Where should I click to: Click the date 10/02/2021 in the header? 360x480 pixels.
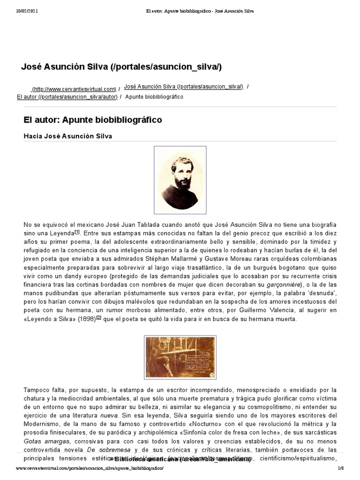coord(27,11)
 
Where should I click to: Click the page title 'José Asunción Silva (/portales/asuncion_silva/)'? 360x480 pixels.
coord(121,67)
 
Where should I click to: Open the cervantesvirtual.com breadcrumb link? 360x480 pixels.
coord(74,89)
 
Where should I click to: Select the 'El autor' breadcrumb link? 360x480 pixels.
coord(67,97)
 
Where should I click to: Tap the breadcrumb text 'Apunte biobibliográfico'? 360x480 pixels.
coord(154,97)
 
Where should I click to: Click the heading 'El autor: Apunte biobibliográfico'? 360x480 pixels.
coord(93,120)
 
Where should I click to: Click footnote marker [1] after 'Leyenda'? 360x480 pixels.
coord(77,232)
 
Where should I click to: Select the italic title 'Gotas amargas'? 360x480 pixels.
coord(46,441)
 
